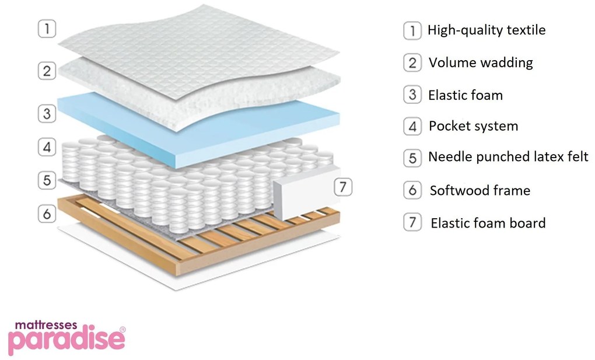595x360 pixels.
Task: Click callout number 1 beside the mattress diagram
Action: click(47, 29)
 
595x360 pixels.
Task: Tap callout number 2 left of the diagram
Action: click(47, 71)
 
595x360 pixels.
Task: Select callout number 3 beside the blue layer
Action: click(47, 113)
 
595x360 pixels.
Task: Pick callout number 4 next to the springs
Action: click(47, 147)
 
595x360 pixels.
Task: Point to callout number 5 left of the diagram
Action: click(47, 180)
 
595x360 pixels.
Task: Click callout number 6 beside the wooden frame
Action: click(47, 214)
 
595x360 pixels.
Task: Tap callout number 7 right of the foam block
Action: click(343, 187)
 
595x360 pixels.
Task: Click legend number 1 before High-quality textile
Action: click(412, 30)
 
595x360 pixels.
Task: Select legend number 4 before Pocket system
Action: click(412, 126)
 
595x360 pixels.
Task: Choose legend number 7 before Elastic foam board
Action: click(412, 222)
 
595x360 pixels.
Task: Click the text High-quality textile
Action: click(487, 30)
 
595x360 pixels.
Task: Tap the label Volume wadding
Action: click(481, 62)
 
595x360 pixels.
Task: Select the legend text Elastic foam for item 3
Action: click(465, 95)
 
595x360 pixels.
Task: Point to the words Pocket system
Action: click(473, 126)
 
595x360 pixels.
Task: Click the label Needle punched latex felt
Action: click(508, 157)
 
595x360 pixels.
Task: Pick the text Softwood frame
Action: click(480, 190)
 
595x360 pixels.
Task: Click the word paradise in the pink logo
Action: click(66, 340)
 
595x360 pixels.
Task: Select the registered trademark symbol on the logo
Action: click(121, 330)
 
